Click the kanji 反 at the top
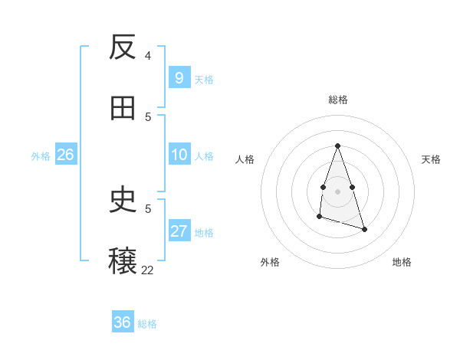coord(123,47)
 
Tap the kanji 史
coord(123,201)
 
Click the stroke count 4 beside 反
coord(148,55)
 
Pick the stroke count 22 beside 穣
coord(147,270)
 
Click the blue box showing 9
coord(179,77)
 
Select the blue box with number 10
coord(179,155)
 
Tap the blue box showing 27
coord(179,231)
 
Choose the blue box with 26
coord(65,155)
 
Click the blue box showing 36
coord(123,322)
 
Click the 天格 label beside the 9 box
coord(204,79)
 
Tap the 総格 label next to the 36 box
coord(147,324)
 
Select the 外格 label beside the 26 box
coord(41,156)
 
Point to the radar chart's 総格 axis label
coord(337,100)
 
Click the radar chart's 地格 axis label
coord(402,262)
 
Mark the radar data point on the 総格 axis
coord(337,146)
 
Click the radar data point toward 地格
coord(365,229)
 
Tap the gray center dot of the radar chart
coord(337,190)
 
